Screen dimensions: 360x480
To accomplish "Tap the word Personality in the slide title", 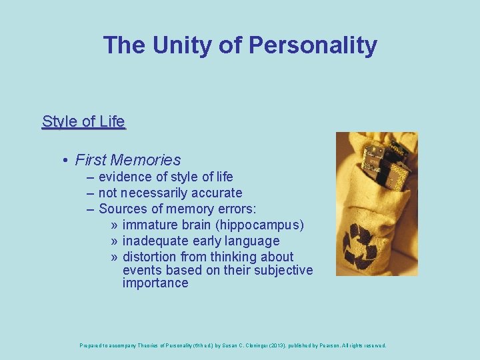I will pyautogui.click(x=313, y=45).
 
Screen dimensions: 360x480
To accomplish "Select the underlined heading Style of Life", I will pyautogui.click(x=83, y=121).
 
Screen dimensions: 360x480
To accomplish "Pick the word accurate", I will pyautogui.click(x=217, y=193).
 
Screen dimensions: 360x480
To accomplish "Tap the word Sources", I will pyautogui.click(x=123, y=209).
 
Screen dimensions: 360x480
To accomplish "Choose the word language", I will pyautogui.click(x=253, y=241).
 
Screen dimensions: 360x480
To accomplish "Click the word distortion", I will pyautogui.click(x=149, y=257).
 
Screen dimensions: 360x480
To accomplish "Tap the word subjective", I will pyautogui.click(x=285, y=270).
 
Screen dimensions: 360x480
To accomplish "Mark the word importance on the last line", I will pyautogui.click(x=155, y=283).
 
